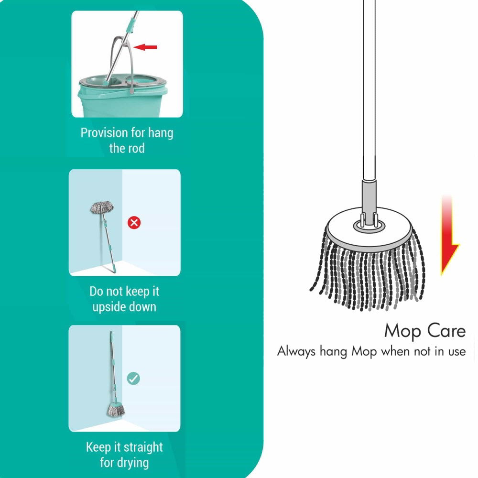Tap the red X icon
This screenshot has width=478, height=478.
[134, 222]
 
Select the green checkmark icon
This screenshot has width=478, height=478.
[133, 379]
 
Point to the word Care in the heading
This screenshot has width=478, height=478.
[445, 331]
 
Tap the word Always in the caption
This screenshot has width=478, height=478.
[296, 352]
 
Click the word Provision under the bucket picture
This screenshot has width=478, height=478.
[105, 132]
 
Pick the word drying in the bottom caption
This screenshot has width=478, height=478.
[131, 463]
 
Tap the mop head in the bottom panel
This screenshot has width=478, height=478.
[115, 409]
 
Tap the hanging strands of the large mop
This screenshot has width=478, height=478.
[368, 277]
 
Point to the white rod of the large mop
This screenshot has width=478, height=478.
[369, 96]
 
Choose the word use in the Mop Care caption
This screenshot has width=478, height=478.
[454, 352]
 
